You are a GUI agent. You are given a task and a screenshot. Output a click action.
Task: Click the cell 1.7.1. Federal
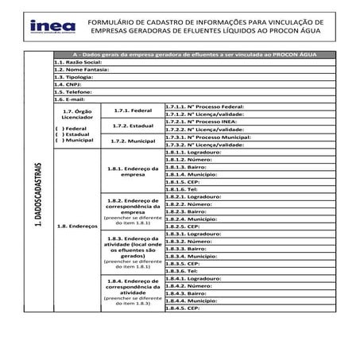[x=133, y=110]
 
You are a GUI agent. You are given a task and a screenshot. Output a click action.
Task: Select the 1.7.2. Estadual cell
[x=133, y=125]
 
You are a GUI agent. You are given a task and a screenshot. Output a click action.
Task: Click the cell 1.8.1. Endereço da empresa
[x=133, y=170]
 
